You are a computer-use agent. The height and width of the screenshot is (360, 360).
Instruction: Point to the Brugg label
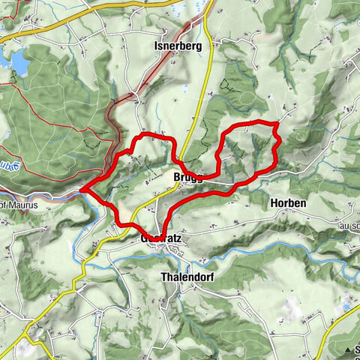pyautogui.click(x=187, y=178)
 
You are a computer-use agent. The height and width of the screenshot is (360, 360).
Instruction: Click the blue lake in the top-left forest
pyautogui.click(x=18, y=63)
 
